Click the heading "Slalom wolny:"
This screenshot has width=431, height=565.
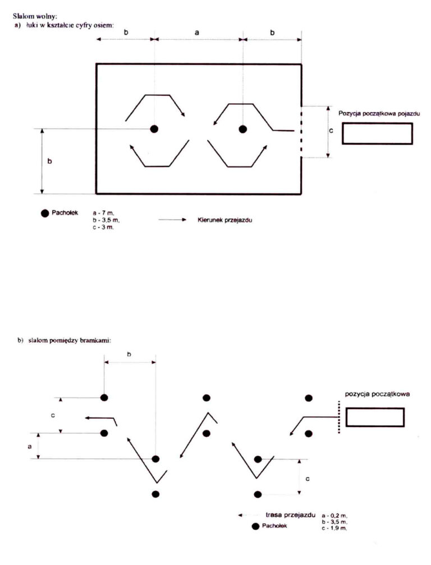point(35,16)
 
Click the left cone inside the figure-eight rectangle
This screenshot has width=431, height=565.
point(154,129)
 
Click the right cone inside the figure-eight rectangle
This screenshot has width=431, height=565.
point(243,129)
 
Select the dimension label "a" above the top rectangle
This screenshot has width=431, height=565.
point(196,33)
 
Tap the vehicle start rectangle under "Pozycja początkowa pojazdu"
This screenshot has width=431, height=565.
point(377,133)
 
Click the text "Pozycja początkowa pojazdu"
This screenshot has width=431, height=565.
point(379,113)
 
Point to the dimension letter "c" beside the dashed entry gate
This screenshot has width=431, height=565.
point(331,131)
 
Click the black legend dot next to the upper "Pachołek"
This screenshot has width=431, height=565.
point(45,214)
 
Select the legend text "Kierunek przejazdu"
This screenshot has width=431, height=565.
point(224,220)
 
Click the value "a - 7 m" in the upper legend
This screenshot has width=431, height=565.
point(103,213)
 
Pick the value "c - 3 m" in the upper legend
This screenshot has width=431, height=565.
point(103,228)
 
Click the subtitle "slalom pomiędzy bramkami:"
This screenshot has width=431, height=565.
point(69,340)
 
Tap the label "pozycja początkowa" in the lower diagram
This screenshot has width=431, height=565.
point(377,394)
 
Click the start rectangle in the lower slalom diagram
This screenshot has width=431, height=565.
point(375,417)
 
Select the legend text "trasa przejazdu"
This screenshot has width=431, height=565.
point(290,515)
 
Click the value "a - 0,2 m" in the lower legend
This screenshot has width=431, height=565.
point(334,516)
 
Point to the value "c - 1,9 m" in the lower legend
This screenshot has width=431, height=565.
point(334,528)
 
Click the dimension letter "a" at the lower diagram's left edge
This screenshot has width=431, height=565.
point(30,446)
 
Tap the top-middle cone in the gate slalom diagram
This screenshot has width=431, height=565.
point(207,398)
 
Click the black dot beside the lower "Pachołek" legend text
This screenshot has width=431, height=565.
point(256,526)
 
